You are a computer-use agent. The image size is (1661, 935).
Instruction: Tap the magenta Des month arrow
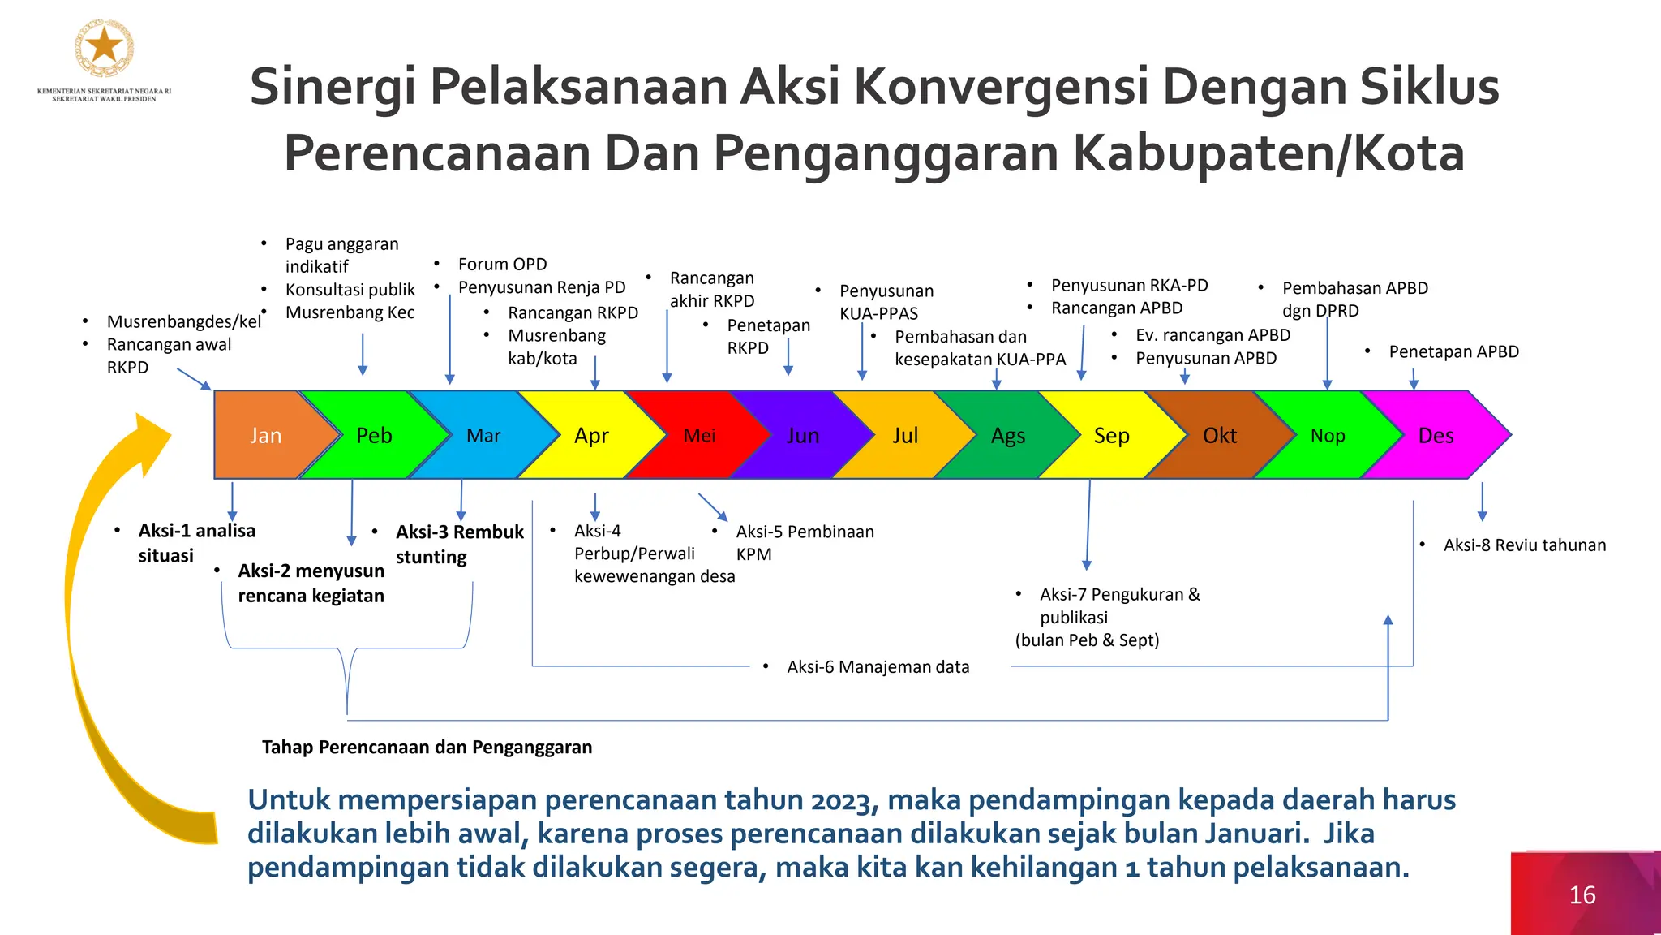click(x=1436, y=436)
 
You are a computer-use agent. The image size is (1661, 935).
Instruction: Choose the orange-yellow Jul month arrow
click(x=905, y=436)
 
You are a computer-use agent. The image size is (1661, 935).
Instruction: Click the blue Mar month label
click(x=483, y=436)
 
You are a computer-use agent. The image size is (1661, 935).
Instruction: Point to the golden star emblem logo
click(x=105, y=47)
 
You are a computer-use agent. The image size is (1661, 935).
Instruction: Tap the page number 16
click(x=1582, y=894)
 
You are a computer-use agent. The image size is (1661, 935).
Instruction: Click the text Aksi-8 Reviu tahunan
click(x=1524, y=545)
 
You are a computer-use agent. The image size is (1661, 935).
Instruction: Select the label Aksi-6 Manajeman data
click(x=878, y=667)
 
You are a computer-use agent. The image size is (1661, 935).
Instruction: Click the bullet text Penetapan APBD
click(x=1453, y=351)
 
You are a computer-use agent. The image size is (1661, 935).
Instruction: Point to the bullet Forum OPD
click(x=502, y=264)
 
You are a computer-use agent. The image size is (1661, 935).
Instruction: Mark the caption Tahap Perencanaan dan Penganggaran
click(x=427, y=747)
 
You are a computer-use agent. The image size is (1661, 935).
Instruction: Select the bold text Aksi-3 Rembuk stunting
click(x=459, y=544)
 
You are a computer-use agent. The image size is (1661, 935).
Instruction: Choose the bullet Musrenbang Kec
click(x=350, y=312)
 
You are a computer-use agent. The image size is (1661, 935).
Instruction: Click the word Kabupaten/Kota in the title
click(x=1268, y=153)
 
